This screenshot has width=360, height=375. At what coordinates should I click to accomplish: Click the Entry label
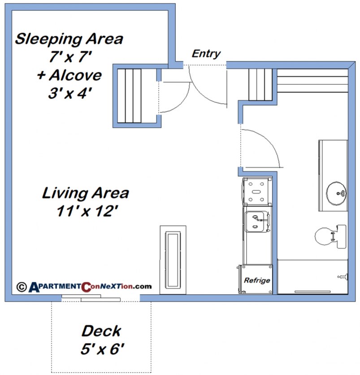(x=206, y=54)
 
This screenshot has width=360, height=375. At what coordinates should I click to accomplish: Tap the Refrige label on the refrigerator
(x=257, y=280)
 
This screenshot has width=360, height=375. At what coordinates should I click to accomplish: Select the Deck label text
(x=101, y=331)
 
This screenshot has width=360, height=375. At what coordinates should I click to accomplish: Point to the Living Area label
(x=86, y=193)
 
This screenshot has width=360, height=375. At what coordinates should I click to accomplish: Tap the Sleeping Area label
(x=69, y=39)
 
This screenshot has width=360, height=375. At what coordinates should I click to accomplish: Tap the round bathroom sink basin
(x=335, y=192)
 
